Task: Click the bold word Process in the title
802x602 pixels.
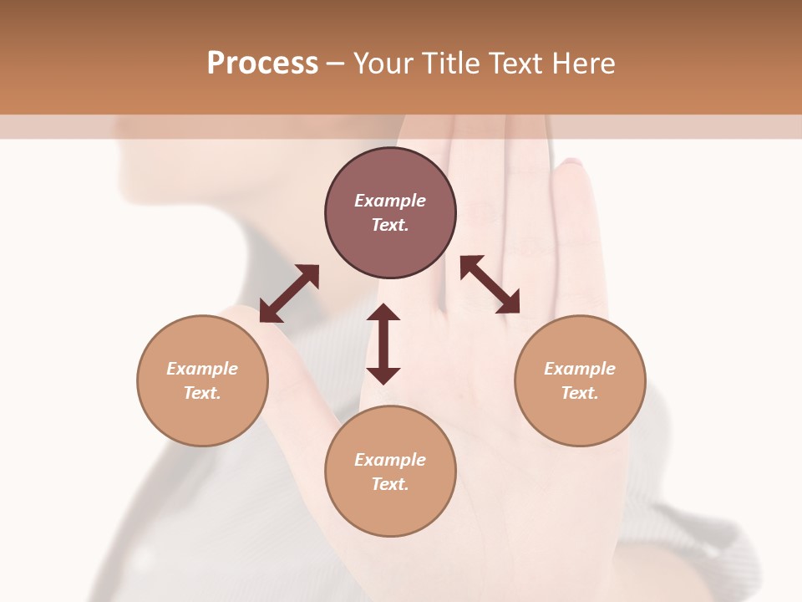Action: [x=262, y=64]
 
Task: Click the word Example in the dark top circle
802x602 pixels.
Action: [x=390, y=201]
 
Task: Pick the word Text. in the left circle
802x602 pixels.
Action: [x=202, y=393]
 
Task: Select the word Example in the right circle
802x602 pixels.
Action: [x=580, y=369]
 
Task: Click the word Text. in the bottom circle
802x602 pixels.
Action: [x=390, y=484]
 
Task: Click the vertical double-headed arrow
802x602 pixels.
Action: [x=383, y=344]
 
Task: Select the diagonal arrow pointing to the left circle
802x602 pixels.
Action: [x=289, y=293]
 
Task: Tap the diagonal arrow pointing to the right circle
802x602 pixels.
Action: [x=490, y=285]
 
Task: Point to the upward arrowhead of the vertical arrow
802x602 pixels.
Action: [x=383, y=313]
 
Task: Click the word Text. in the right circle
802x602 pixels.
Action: [x=580, y=393]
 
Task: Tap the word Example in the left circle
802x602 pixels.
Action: [x=202, y=369]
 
